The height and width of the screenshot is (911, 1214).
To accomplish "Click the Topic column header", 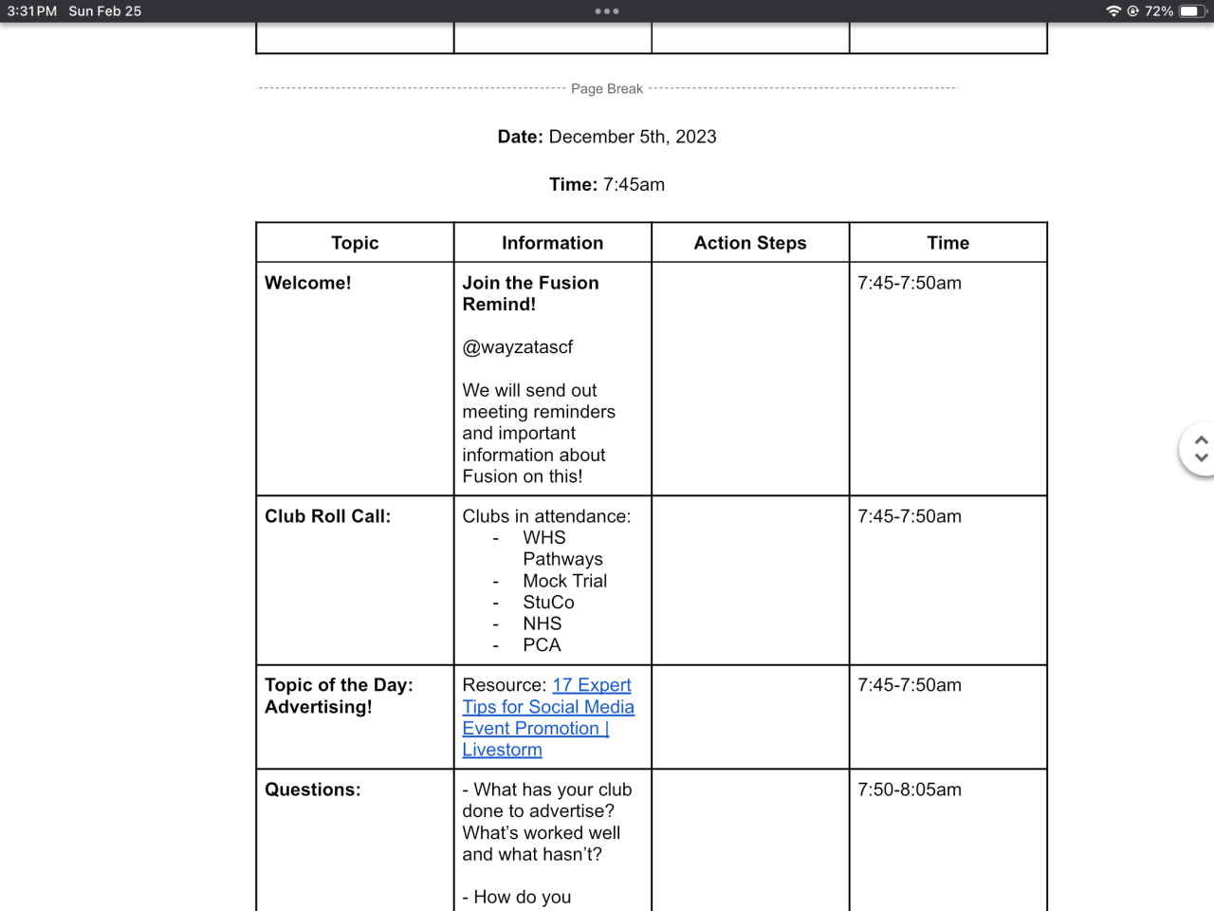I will [355, 243].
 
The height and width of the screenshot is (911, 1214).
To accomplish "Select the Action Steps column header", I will [750, 243].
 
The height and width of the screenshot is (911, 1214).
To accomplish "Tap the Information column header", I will [552, 243].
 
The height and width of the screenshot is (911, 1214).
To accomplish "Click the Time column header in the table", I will [947, 243].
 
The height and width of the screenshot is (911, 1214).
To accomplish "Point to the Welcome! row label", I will [308, 283].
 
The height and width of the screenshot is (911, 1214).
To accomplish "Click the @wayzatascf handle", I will [518, 347].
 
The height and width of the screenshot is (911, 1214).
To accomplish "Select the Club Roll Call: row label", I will [327, 516].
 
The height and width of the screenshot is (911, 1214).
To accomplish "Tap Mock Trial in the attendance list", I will [564, 581].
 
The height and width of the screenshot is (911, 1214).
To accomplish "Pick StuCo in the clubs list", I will [548, 603].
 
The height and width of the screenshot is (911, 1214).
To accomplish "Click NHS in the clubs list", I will [543, 623].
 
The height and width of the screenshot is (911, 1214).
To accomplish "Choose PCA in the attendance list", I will [542, 645].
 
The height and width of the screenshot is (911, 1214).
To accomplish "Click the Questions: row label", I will [312, 790].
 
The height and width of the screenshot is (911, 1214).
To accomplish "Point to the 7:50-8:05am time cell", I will [910, 790].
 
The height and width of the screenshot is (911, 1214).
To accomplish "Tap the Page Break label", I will [607, 88].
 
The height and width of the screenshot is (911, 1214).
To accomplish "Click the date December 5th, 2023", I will [633, 137].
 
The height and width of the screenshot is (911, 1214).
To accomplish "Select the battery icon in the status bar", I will [1191, 11].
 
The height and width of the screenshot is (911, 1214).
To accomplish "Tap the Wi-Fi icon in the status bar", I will [1113, 11].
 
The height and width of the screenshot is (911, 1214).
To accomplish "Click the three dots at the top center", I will [607, 11].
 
